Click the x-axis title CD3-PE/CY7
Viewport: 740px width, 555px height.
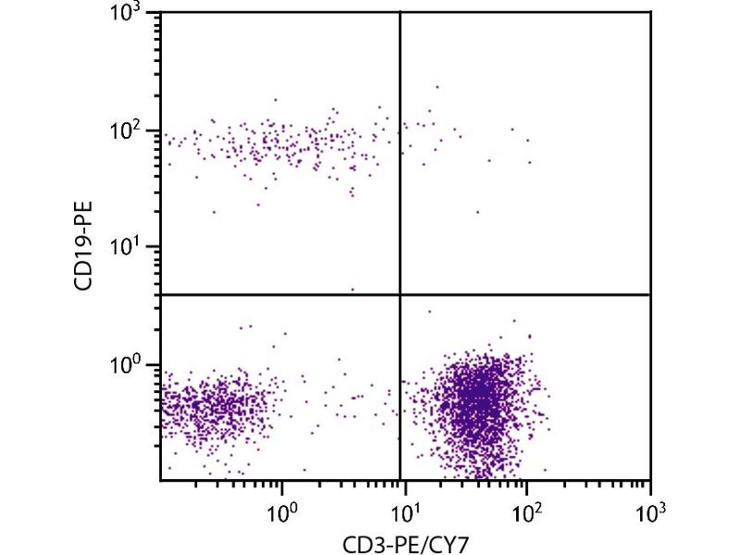click(x=404, y=538)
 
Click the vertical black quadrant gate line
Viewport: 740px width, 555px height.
click(x=400, y=185)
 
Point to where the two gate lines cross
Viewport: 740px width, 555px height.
click(x=400, y=294)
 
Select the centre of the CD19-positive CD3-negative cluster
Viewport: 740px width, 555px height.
click(x=277, y=143)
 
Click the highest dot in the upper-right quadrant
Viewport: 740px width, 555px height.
click(x=438, y=87)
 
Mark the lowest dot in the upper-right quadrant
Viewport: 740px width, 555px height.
click(x=478, y=212)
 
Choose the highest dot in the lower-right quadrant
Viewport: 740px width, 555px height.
click(x=429, y=312)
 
